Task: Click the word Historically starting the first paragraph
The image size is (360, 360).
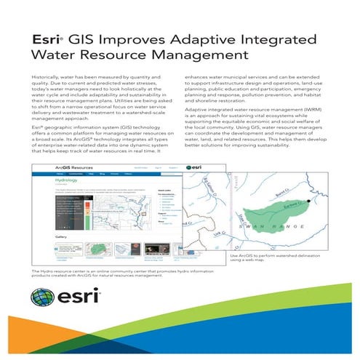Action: [x=47, y=76]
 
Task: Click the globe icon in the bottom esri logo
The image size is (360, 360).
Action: [x=41, y=299]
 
